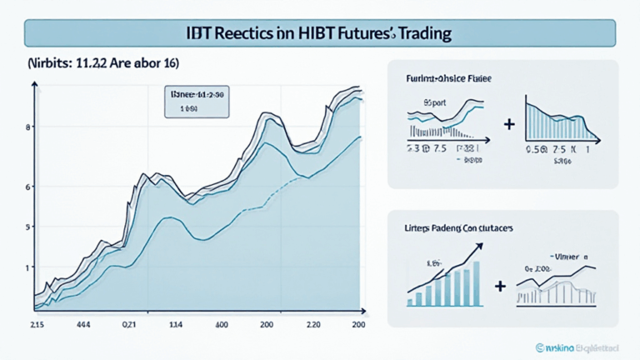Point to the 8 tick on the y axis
(x=28, y=127)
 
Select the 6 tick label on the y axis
(x=28, y=187)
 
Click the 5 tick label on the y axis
(x=28, y=227)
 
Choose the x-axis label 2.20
(x=315, y=324)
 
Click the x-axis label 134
(x=177, y=324)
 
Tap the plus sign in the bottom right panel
(x=500, y=286)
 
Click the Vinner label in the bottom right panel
(x=568, y=257)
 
